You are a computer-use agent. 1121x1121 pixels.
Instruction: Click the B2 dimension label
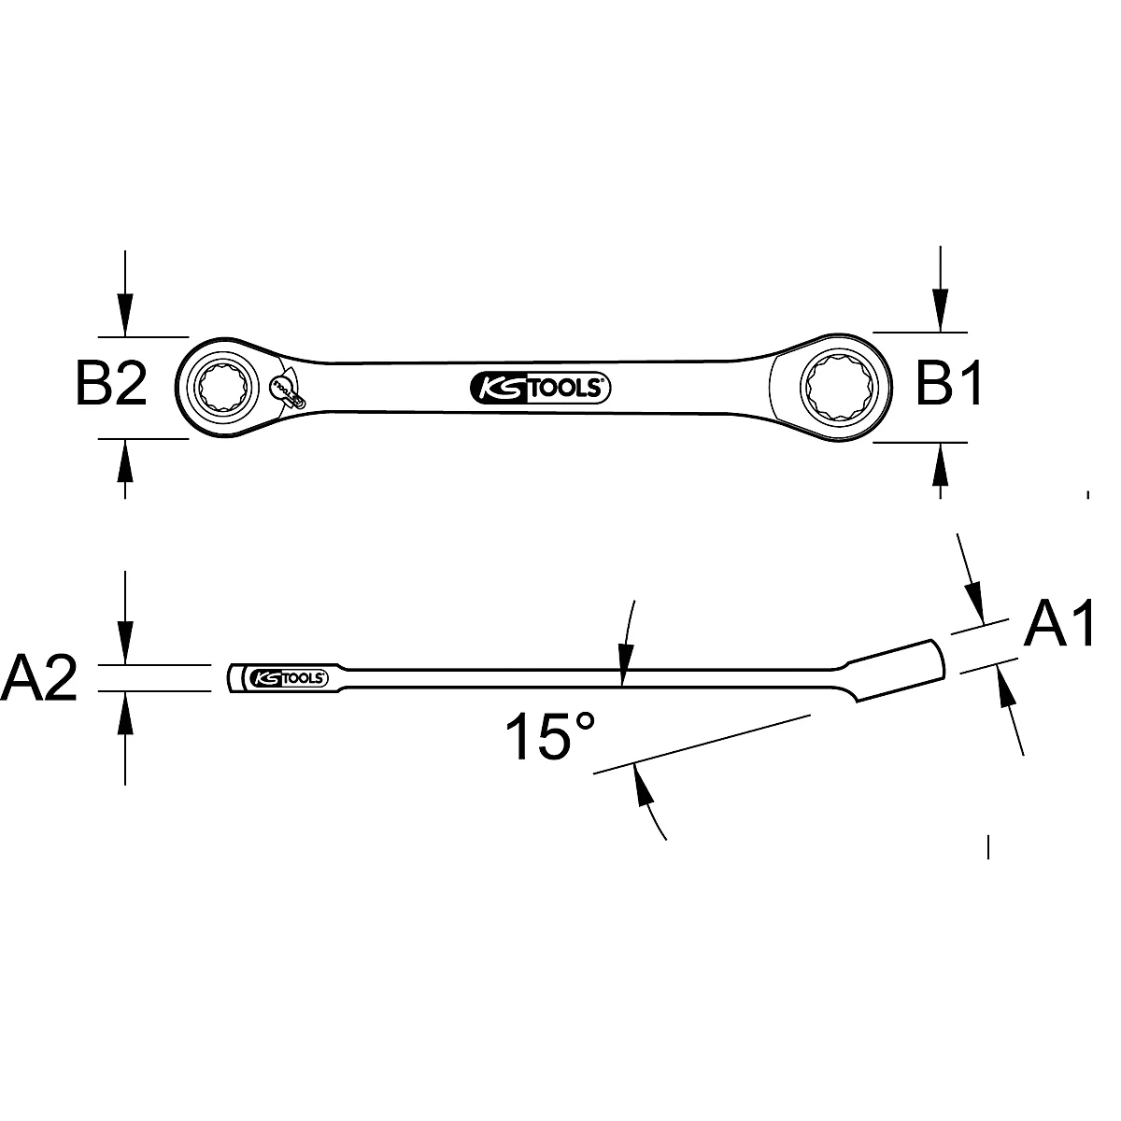click(112, 384)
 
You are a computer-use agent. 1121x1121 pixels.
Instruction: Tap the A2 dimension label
click(39, 679)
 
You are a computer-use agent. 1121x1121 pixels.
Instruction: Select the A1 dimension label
click(1058, 625)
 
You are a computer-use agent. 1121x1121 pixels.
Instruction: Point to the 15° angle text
click(549, 735)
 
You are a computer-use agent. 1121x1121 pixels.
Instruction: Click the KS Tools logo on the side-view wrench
click(287, 678)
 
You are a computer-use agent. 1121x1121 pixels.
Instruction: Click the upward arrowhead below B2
click(124, 458)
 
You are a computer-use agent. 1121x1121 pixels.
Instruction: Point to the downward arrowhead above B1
click(941, 312)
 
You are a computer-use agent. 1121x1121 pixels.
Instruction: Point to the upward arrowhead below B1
click(941, 463)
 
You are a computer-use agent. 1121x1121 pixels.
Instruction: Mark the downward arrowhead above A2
click(124, 645)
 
